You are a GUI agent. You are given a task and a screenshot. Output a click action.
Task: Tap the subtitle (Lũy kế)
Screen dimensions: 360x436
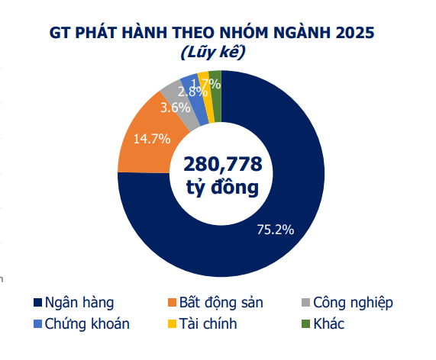coord(212,53)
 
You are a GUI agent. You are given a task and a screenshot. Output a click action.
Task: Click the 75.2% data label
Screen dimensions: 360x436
coord(274,229)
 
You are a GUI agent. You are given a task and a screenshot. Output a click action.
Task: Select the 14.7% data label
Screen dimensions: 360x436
coord(150,139)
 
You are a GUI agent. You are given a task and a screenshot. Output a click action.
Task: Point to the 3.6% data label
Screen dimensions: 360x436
coord(175,108)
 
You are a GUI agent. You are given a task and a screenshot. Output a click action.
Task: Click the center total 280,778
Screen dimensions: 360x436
coord(222,163)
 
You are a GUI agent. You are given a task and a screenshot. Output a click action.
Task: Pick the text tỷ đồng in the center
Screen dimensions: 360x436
coord(222,187)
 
